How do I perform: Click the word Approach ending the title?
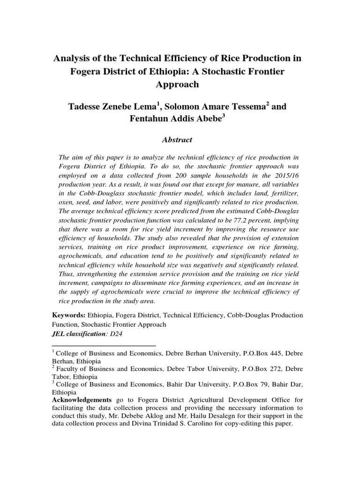(x=180, y=84)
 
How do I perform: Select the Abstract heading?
(x=177, y=140)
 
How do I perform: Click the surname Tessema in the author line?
(x=245, y=107)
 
